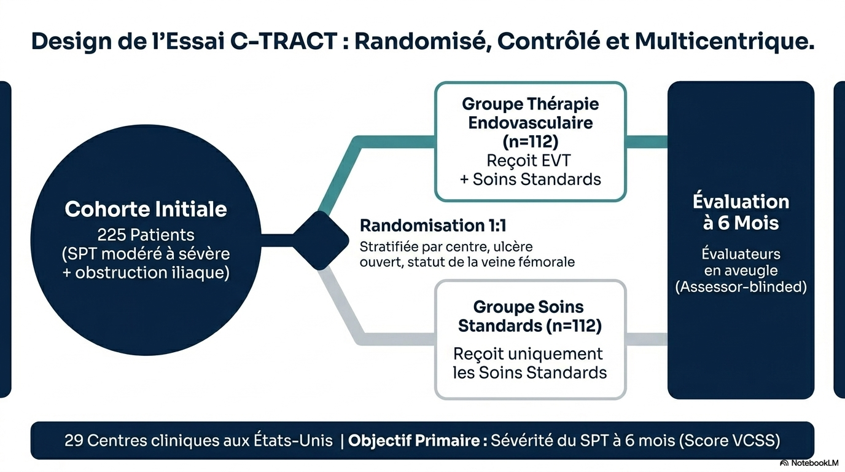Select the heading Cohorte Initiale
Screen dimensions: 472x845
(146, 209)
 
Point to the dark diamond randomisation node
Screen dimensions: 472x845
(320, 240)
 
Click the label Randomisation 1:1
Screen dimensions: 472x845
(433, 226)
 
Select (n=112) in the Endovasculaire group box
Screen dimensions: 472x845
(530, 142)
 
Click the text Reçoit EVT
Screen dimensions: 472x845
(529, 160)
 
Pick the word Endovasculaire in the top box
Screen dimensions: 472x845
(530, 122)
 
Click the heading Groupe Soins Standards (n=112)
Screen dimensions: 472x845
(529, 316)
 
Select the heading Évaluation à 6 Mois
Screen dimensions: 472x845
(741, 212)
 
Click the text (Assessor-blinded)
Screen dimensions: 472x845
(741, 287)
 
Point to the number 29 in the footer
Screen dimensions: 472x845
(73, 441)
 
